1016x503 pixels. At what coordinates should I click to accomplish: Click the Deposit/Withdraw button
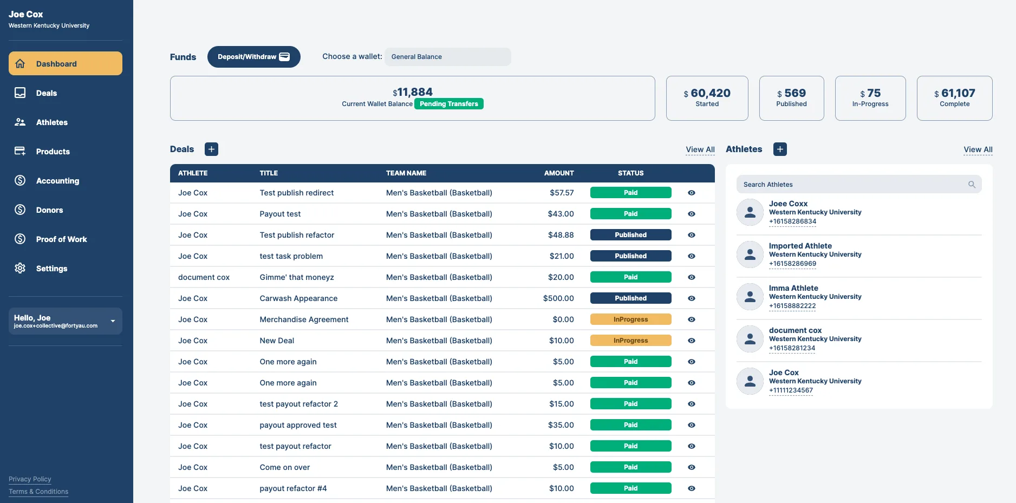[253, 57]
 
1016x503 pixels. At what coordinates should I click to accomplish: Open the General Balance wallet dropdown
[447, 57]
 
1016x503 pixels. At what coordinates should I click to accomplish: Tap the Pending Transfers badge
[449, 104]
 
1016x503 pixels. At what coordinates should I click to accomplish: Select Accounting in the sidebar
[57, 181]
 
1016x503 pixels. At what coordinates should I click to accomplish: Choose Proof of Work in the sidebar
[61, 239]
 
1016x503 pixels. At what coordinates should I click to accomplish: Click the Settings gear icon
[20, 268]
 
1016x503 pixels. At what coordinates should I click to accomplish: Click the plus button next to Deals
[211, 149]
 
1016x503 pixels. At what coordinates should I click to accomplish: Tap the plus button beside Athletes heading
[780, 149]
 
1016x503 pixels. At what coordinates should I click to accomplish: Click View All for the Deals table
[700, 149]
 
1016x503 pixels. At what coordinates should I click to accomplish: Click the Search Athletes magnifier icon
[972, 185]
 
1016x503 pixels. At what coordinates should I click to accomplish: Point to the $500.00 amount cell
[558, 298]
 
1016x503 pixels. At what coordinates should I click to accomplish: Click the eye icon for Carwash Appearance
[692, 298]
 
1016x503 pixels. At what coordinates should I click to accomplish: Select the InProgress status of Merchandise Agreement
[631, 319]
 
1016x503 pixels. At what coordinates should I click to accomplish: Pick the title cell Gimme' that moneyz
[297, 277]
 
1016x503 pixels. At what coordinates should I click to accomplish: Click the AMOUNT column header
[559, 173]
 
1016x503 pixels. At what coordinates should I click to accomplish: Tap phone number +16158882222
[792, 306]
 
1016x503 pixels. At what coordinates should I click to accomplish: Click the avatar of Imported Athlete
[750, 254]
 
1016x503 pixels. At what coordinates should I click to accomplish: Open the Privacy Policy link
[30, 479]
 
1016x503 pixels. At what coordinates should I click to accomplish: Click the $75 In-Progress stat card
[870, 98]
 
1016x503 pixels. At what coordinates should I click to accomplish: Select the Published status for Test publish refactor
[631, 235]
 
